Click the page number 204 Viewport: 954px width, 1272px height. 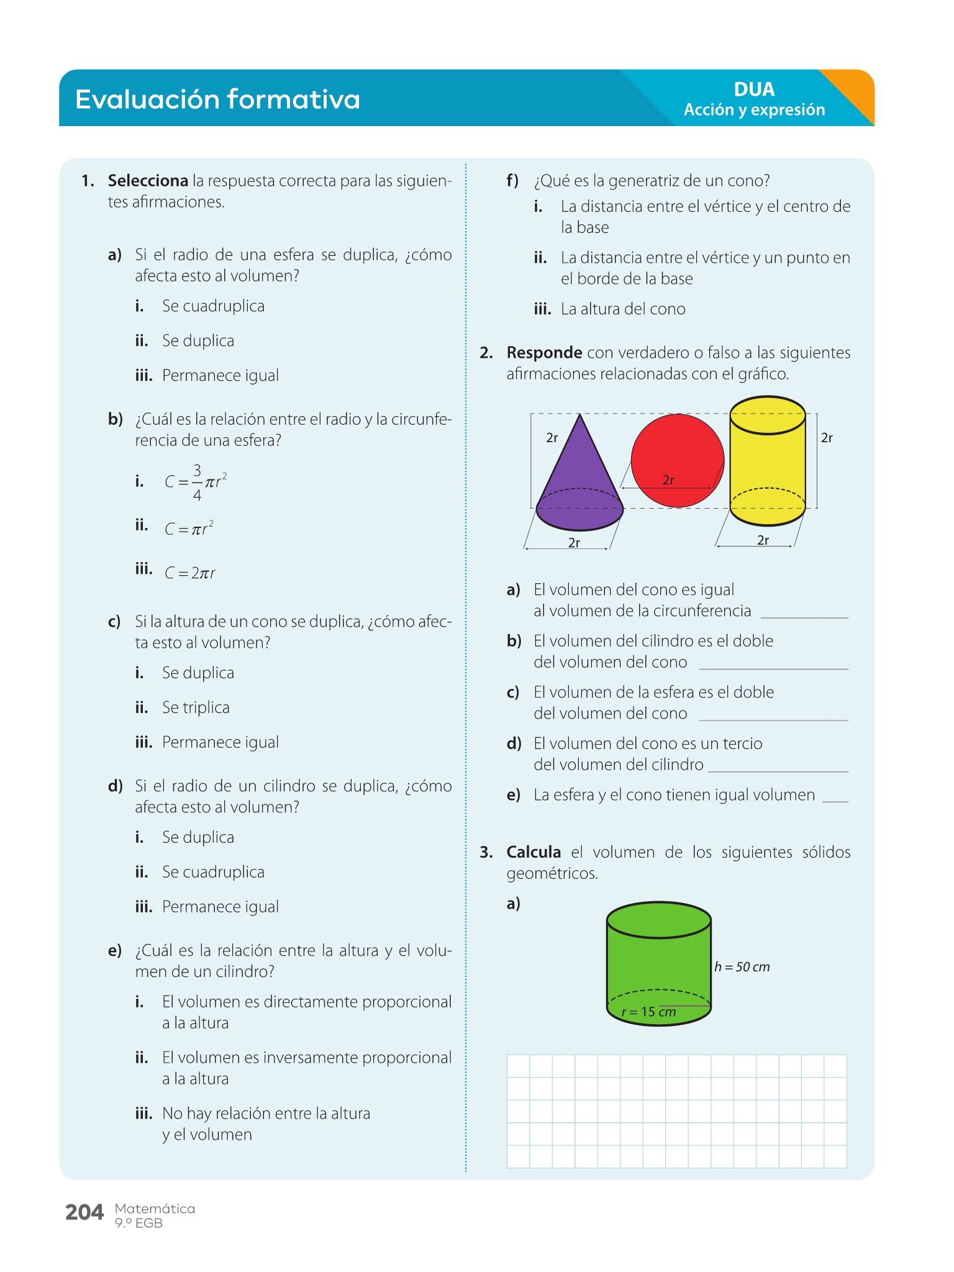[84, 1212]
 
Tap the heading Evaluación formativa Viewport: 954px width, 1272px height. [217, 99]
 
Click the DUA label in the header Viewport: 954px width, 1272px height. [754, 89]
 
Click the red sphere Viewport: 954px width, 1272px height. [677, 453]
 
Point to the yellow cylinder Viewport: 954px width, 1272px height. [768, 460]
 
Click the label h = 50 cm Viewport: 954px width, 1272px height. [742, 967]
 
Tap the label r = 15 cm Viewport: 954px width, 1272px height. [648, 1012]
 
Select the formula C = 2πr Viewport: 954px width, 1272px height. [190, 573]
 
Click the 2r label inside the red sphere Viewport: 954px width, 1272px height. [668, 480]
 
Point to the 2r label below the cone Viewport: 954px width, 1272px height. [575, 543]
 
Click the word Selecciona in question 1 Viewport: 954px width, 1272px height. [148, 181]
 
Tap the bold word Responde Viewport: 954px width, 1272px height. [544, 353]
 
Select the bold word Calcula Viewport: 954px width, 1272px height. [534, 852]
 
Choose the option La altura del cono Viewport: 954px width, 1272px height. [623, 309]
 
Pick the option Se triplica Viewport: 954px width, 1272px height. [196, 707]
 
